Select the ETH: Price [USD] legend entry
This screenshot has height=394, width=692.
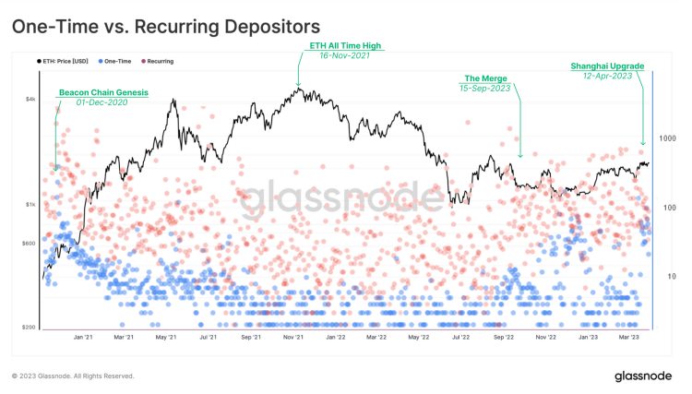67,61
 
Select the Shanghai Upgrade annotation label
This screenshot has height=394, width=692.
606,66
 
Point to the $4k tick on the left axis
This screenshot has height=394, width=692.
30,99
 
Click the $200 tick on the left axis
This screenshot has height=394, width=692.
29,328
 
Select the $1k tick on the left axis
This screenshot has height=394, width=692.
30,204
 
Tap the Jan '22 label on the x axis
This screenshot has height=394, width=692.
335,338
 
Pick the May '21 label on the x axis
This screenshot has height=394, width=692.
166,338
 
